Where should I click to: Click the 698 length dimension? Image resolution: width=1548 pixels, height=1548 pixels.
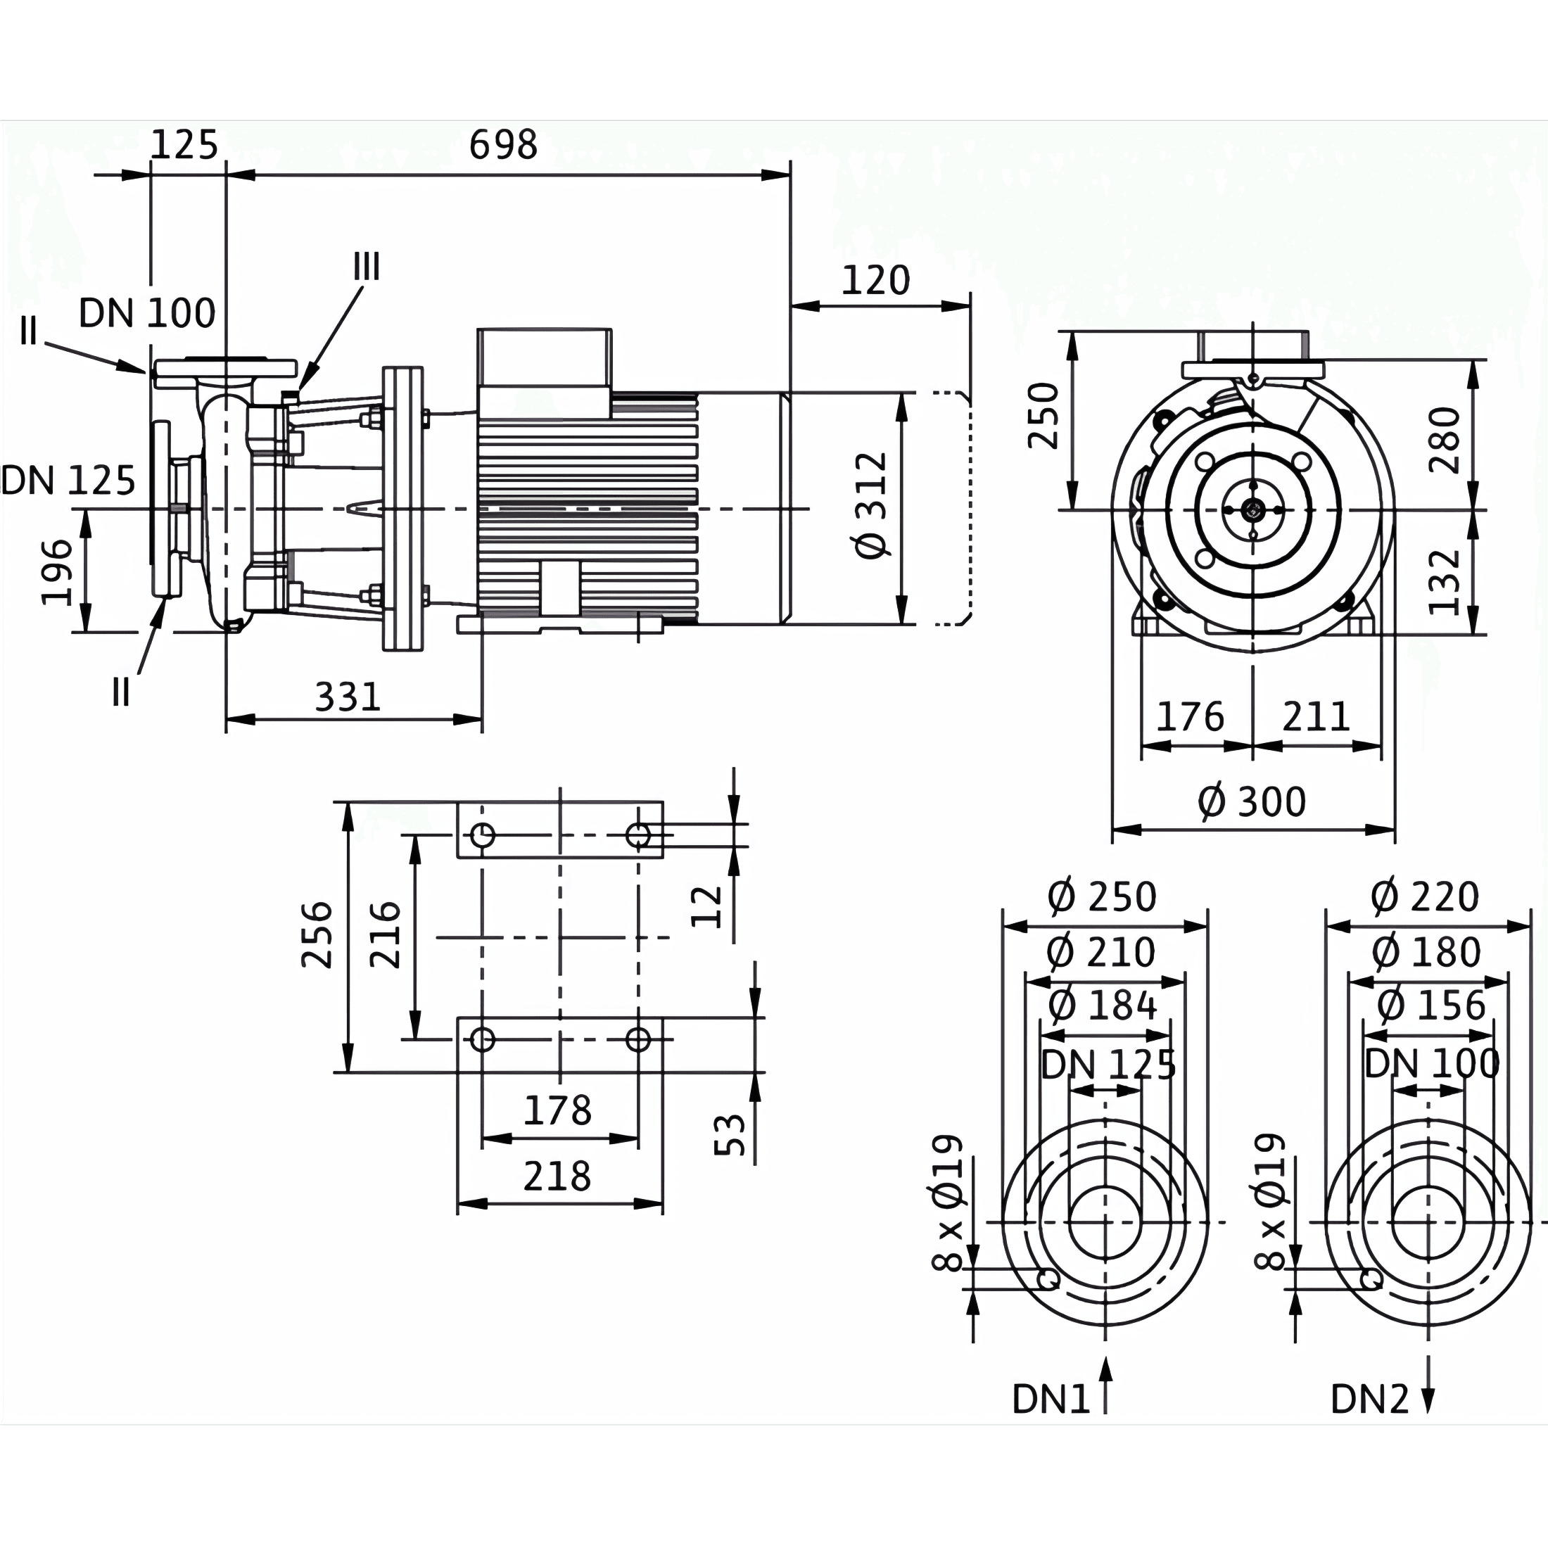click(502, 145)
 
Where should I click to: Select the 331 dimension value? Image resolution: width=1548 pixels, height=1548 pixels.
click(347, 697)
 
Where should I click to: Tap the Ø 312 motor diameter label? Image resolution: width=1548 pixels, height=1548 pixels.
click(872, 506)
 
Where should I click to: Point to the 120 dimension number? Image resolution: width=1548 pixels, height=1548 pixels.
click(876, 281)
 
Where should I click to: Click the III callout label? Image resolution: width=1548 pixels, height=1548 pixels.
click(367, 267)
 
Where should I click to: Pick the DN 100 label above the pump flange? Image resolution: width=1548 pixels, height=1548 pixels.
click(148, 312)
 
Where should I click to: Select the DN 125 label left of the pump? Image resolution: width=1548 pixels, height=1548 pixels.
click(68, 481)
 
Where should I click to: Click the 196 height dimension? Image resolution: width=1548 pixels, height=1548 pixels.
click(58, 573)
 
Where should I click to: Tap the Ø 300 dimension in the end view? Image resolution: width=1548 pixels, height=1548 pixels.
click(1252, 802)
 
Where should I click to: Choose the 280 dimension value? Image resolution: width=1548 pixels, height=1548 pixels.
click(1445, 440)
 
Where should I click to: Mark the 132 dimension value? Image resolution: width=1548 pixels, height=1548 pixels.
click(1445, 582)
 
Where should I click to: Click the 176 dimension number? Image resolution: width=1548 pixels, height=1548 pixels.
click(1190, 716)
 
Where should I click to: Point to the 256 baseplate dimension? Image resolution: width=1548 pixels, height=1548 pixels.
click(317, 935)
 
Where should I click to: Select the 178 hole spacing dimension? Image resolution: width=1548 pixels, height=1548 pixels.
click(558, 1111)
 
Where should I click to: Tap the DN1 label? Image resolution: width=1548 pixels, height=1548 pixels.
click(1051, 1400)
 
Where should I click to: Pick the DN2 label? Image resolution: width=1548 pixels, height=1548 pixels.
click(1369, 1400)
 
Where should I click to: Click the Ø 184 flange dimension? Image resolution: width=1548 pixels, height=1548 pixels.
click(1103, 1005)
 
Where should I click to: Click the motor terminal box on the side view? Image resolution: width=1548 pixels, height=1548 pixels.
click(544, 373)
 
